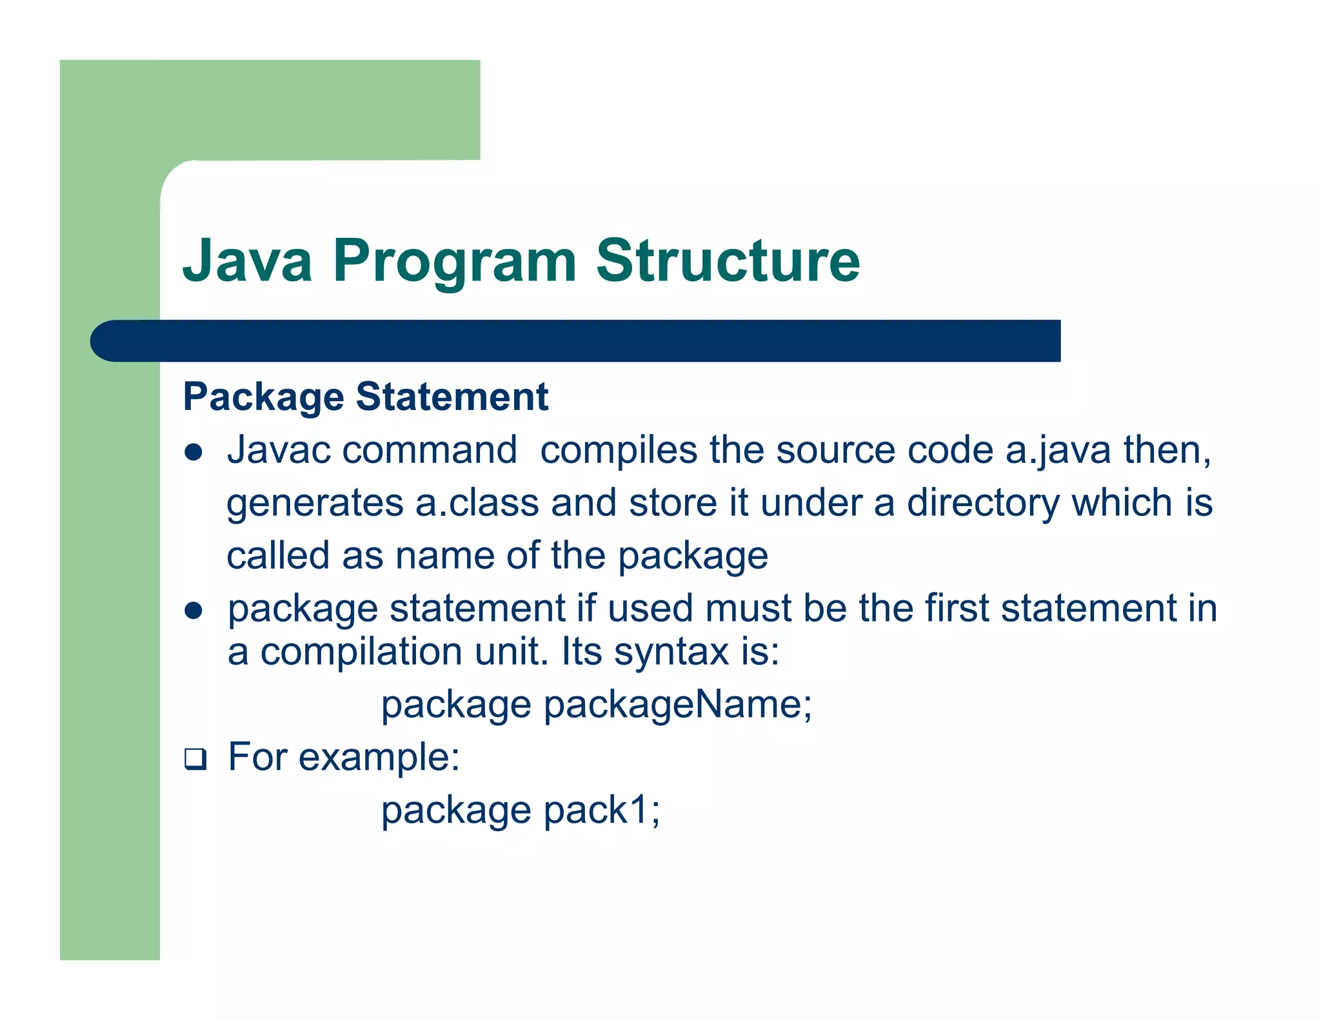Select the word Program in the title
[x=454, y=261]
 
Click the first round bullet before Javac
[x=194, y=452]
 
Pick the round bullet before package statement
[x=194, y=610]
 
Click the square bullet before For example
[x=195, y=759]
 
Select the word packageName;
[x=677, y=705]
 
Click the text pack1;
[x=601, y=810]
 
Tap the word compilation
[x=361, y=652]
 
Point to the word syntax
[x=671, y=652]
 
